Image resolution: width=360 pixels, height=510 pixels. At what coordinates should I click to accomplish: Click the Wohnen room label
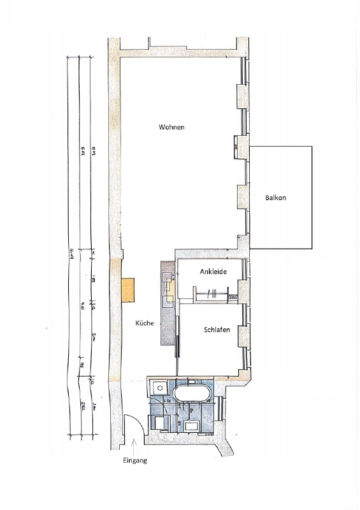pos(171,127)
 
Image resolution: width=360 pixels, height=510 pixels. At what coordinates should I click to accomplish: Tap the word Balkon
pos(276,198)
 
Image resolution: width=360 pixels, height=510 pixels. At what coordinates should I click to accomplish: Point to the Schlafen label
pos(217,330)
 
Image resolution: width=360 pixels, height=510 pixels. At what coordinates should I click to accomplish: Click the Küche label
pos(145,324)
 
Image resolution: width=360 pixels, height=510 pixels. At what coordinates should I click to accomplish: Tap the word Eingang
pos(134,460)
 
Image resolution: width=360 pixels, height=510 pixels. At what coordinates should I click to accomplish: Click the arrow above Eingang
pos(134,443)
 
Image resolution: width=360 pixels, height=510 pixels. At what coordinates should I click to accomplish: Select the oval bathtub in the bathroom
pos(193,392)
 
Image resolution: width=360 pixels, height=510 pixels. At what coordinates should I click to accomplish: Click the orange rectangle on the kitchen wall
pos(129,290)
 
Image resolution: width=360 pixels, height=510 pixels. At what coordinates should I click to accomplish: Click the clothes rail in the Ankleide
pos(213,294)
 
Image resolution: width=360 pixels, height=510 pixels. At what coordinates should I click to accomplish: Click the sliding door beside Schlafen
pos(178,338)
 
